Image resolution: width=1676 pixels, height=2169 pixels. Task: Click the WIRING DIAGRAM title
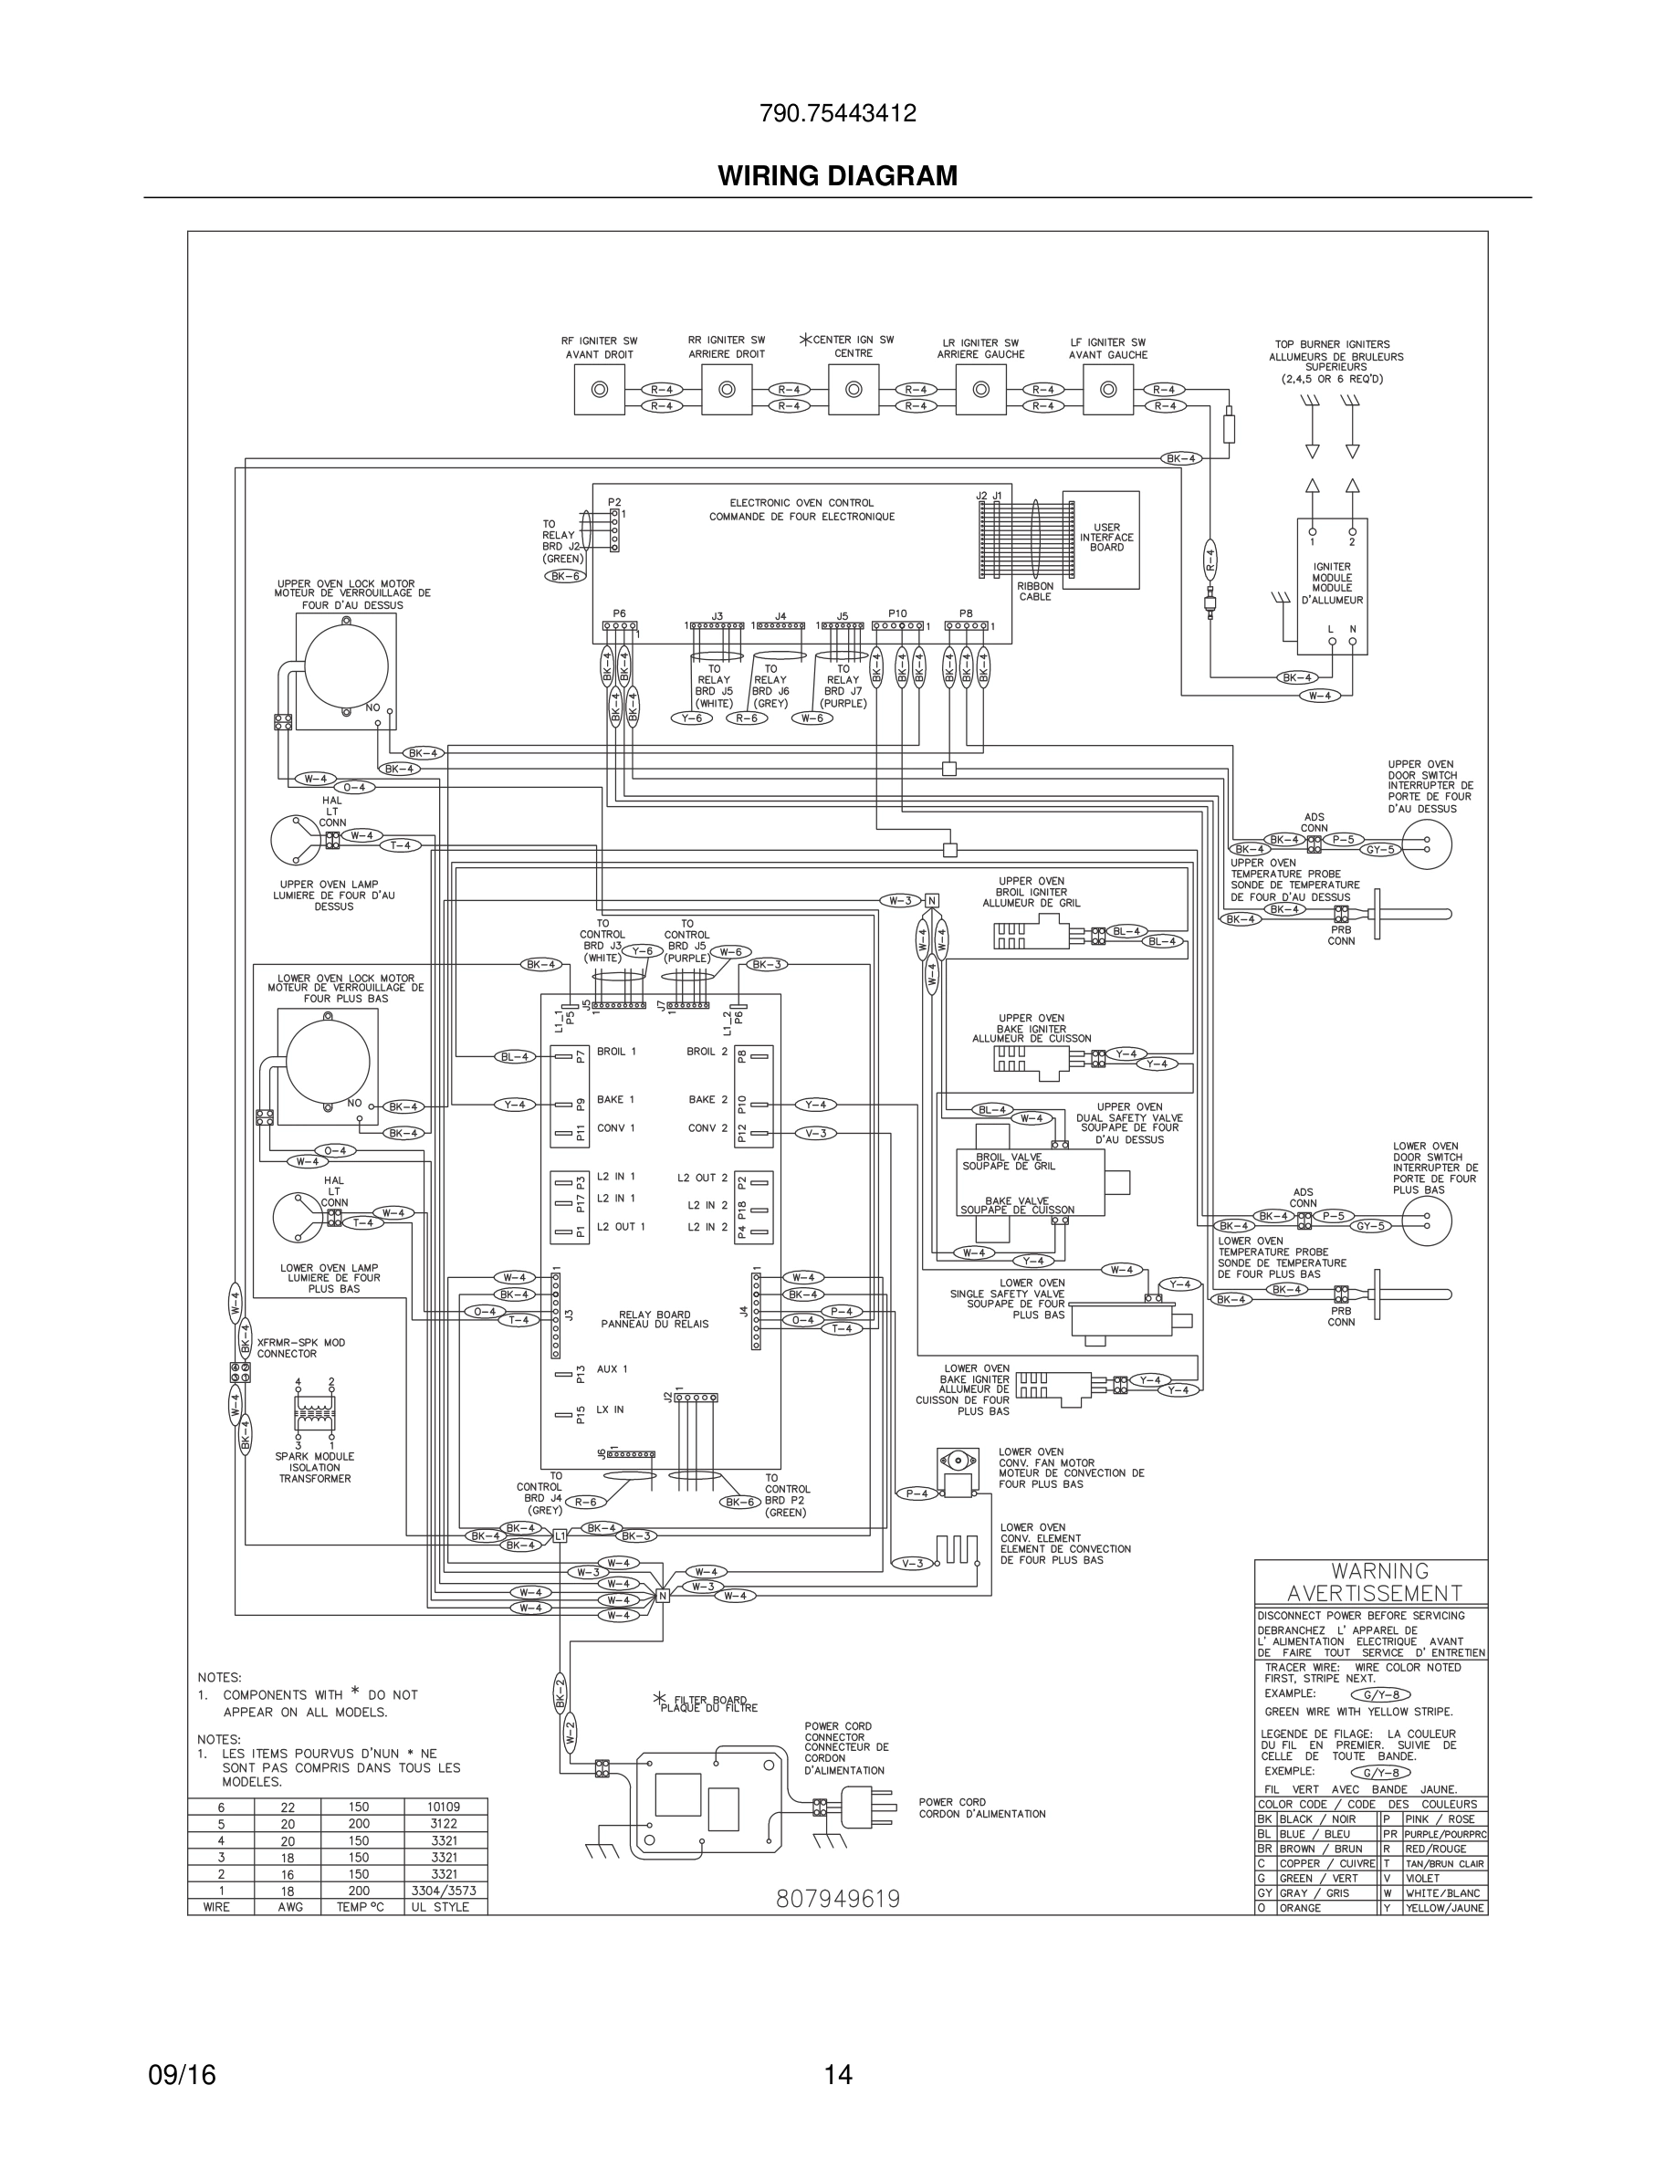[837, 176]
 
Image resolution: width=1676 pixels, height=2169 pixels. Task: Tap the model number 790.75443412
[837, 114]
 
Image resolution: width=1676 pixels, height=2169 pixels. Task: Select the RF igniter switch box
[599, 389]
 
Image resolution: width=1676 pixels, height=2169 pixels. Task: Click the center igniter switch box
[853, 389]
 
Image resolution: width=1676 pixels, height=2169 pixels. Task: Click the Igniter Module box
[1332, 586]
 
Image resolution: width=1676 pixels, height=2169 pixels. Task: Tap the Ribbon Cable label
[1034, 591]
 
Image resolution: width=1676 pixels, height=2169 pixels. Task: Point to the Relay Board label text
[655, 1319]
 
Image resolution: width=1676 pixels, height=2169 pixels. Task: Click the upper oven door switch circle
[1427, 844]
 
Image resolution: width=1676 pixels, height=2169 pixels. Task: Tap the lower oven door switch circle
[1426, 1220]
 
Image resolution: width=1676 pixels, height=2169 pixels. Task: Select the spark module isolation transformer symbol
[315, 1411]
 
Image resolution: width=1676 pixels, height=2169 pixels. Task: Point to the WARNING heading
[1379, 1571]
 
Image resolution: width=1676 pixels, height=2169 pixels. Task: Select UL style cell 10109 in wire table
[444, 1807]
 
